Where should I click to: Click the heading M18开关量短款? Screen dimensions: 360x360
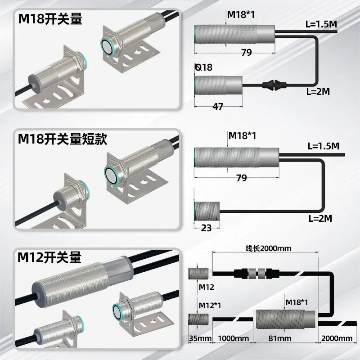(63, 139)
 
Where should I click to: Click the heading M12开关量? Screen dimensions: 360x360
(49, 257)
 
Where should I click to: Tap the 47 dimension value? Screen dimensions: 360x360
(218, 107)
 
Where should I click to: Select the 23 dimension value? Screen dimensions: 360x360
(206, 228)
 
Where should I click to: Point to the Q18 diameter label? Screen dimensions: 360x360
(204, 67)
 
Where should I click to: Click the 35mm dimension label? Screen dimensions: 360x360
(200, 338)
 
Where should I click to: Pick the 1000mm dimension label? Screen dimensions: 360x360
(233, 338)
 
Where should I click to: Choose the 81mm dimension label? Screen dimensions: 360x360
(280, 338)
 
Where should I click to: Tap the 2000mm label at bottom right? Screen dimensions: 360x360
(337, 338)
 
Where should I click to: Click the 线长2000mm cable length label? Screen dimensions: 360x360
(268, 248)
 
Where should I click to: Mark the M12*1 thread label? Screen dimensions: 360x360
(210, 306)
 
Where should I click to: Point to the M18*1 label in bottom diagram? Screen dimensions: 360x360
(297, 302)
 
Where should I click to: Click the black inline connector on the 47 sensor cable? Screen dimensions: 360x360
(274, 85)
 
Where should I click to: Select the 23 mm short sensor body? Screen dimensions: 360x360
(207, 211)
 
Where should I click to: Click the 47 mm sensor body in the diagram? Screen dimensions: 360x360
(218, 85)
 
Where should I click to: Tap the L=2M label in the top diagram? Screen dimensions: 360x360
(318, 92)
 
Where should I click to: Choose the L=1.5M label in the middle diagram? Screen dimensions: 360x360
(323, 146)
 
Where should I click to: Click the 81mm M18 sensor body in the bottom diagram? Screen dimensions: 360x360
(286, 319)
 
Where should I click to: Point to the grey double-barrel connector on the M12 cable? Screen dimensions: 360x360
(256, 274)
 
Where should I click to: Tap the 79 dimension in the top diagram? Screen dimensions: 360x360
(246, 53)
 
